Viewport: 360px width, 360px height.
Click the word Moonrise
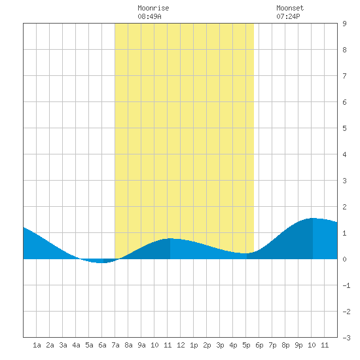coord(153,8)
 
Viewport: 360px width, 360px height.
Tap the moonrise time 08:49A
coord(149,16)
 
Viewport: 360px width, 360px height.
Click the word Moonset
coord(290,8)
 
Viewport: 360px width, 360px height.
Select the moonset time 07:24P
coord(288,16)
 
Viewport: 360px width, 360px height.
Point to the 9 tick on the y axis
coord(344,24)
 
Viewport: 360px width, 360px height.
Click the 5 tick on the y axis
coord(344,128)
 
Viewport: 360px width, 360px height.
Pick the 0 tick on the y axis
coord(344,259)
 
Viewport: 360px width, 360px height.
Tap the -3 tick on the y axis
coord(346,338)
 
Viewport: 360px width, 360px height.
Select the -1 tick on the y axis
coord(346,285)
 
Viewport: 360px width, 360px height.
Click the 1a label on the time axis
coord(37,345)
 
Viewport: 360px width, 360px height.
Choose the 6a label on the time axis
coord(102,345)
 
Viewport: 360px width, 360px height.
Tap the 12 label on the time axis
coord(181,345)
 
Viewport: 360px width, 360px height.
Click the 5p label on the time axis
coord(246,345)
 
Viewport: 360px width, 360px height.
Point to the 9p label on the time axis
coord(298,345)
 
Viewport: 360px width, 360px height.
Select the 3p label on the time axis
coord(220,345)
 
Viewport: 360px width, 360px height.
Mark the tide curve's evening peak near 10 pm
coord(313,218)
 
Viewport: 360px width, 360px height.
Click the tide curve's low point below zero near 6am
coord(101,262)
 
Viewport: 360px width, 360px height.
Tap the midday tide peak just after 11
coord(170,238)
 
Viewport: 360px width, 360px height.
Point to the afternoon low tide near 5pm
coord(245,253)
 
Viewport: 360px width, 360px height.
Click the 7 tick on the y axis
coord(344,76)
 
